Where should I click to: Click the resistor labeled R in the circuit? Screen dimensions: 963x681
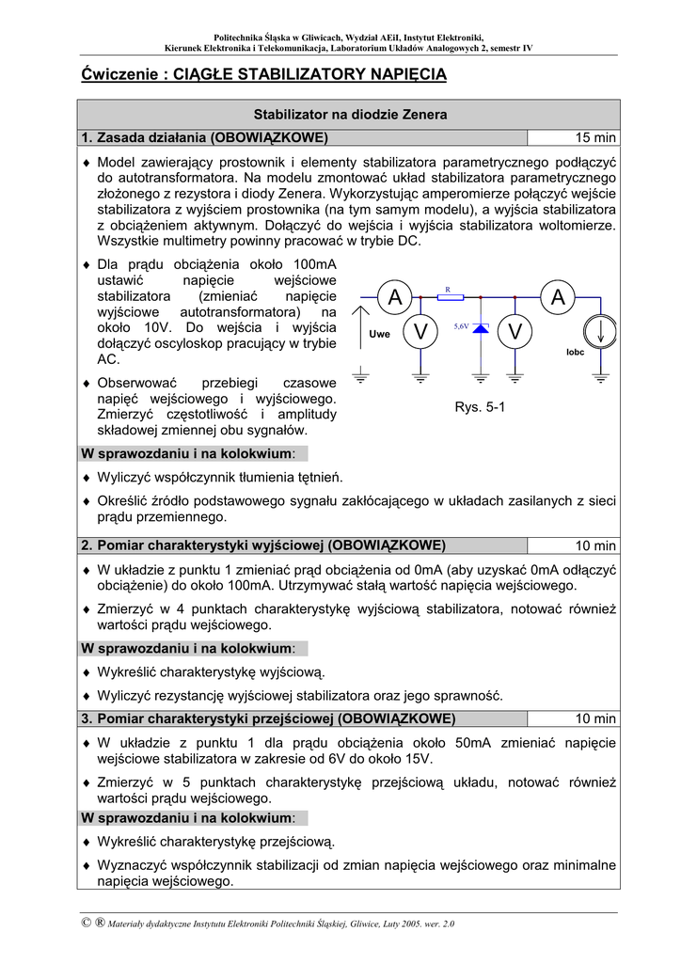coord(451,297)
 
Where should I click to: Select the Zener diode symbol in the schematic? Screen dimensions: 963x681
coord(481,329)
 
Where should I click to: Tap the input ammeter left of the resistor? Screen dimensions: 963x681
coord(394,297)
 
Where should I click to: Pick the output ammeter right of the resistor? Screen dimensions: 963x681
coord(558,297)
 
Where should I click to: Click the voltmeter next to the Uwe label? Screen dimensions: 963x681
coord(420,331)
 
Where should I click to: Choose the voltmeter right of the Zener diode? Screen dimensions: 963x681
coord(515,331)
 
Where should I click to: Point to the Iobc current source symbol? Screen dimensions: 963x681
coord(598,330)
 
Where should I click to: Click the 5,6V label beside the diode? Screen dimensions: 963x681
coord(461,324)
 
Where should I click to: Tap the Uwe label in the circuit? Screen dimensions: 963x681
coord(379,334)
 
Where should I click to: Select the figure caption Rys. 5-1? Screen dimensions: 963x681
coord(480,407)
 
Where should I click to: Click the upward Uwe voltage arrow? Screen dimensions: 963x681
coord(360,324)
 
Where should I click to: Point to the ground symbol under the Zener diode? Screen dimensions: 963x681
coord(481,378)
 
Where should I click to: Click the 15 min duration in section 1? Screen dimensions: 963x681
coord(596,138)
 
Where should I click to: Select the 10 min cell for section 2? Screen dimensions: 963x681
coord(596,545)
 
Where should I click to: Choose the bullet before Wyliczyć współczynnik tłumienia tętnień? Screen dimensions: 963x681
coord(87,478)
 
